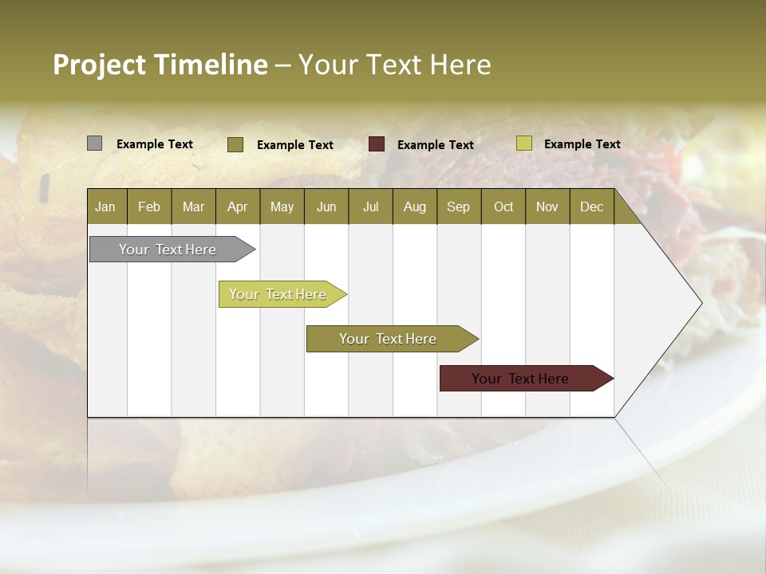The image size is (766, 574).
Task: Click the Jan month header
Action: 105,206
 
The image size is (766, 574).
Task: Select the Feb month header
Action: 149,206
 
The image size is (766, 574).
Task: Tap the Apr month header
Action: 237,206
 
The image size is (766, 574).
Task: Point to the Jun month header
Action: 326,206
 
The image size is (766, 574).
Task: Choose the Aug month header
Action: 414,206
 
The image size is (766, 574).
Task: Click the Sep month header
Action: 458,206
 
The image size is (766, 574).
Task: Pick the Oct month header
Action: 503,206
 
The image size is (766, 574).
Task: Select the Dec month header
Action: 591,206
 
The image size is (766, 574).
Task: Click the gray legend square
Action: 95,143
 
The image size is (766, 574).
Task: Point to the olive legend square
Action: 235,144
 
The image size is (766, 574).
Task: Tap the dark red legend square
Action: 377,144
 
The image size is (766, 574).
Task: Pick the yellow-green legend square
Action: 523,143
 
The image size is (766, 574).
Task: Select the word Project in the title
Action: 100,65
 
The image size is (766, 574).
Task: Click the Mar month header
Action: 193,206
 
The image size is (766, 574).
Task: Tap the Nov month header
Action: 547,206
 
